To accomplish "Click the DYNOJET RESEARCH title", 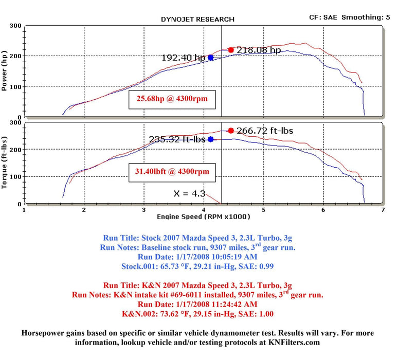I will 197,19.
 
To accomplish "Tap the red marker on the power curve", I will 231,50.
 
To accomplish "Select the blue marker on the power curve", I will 211,58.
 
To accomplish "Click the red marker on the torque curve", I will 231,131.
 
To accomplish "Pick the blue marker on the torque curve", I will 211,139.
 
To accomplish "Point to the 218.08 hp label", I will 259,50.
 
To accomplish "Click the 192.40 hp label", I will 183,58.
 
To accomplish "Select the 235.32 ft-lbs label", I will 177,139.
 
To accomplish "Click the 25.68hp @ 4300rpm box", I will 172,99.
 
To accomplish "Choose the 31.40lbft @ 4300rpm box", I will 172,171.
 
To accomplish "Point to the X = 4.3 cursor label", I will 190,194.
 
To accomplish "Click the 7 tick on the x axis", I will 383,210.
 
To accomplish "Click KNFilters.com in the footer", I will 294,342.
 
